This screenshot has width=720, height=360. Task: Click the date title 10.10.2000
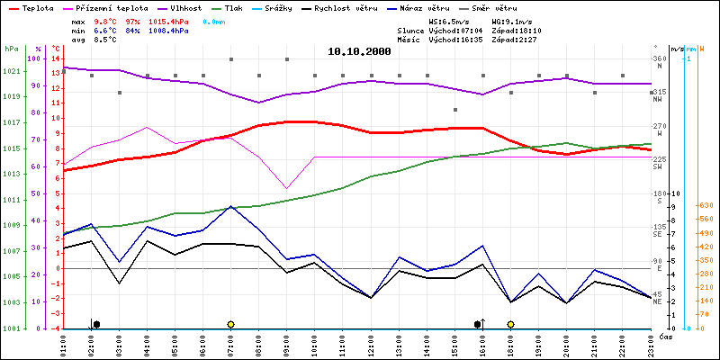click(x=359, y=51)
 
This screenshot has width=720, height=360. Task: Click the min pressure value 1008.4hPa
click(x=168, y=30)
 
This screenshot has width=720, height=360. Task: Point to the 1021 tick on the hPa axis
click(x=11, y=72)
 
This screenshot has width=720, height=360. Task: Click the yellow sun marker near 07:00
click(x=231, y=324)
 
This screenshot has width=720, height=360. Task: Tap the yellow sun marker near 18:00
click(x=510, y=324)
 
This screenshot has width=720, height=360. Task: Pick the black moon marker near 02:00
click(x=96, y=324)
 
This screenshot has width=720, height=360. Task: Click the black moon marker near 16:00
click(x=478, y=324)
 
